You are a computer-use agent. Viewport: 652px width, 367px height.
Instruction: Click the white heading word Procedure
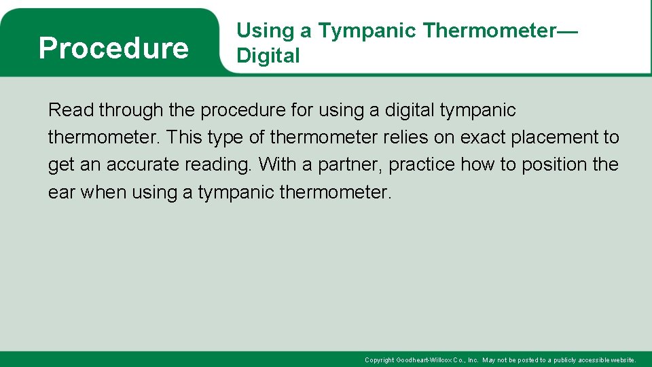click(113, 48)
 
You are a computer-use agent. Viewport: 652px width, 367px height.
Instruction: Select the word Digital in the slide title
click(268, 56)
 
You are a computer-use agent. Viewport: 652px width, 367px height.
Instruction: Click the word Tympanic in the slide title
click(367, 31)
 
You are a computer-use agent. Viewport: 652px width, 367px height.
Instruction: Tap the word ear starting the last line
click(62, 192)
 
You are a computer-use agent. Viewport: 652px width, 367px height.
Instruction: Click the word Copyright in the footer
click(379, 360)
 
